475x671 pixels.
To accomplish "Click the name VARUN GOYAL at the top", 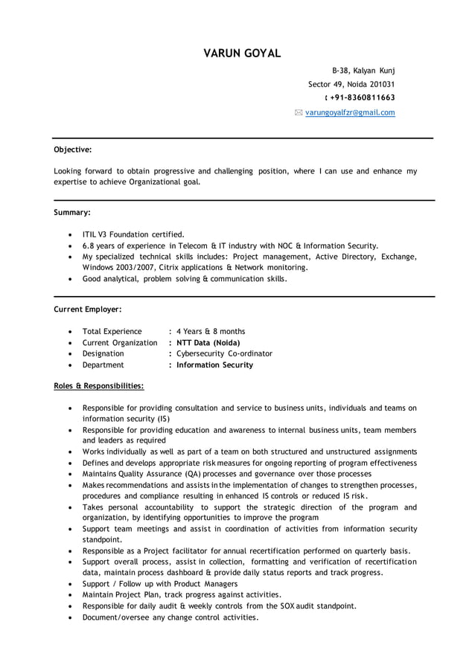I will [242, 53].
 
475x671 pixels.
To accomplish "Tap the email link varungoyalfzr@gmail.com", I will [350, 112].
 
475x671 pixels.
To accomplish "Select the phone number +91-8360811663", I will [363, 97].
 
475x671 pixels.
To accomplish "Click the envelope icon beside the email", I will [299, 112].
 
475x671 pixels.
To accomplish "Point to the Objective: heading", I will [73, 150].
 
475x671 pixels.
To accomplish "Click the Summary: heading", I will [72, 212].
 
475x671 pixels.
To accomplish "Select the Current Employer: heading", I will [88, 309].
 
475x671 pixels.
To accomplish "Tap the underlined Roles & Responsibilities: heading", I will [99, 386].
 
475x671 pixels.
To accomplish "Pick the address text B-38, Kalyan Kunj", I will [363, 70].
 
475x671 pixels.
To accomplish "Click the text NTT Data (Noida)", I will [208, 342].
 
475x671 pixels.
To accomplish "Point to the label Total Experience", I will [112, 331].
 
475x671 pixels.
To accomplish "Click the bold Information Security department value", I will [214, 365].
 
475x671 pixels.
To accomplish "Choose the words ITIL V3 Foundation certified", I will [133, 234].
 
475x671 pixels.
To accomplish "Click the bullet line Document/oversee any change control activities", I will [170, 617].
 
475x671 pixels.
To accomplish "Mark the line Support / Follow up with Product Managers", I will [160, 584].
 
